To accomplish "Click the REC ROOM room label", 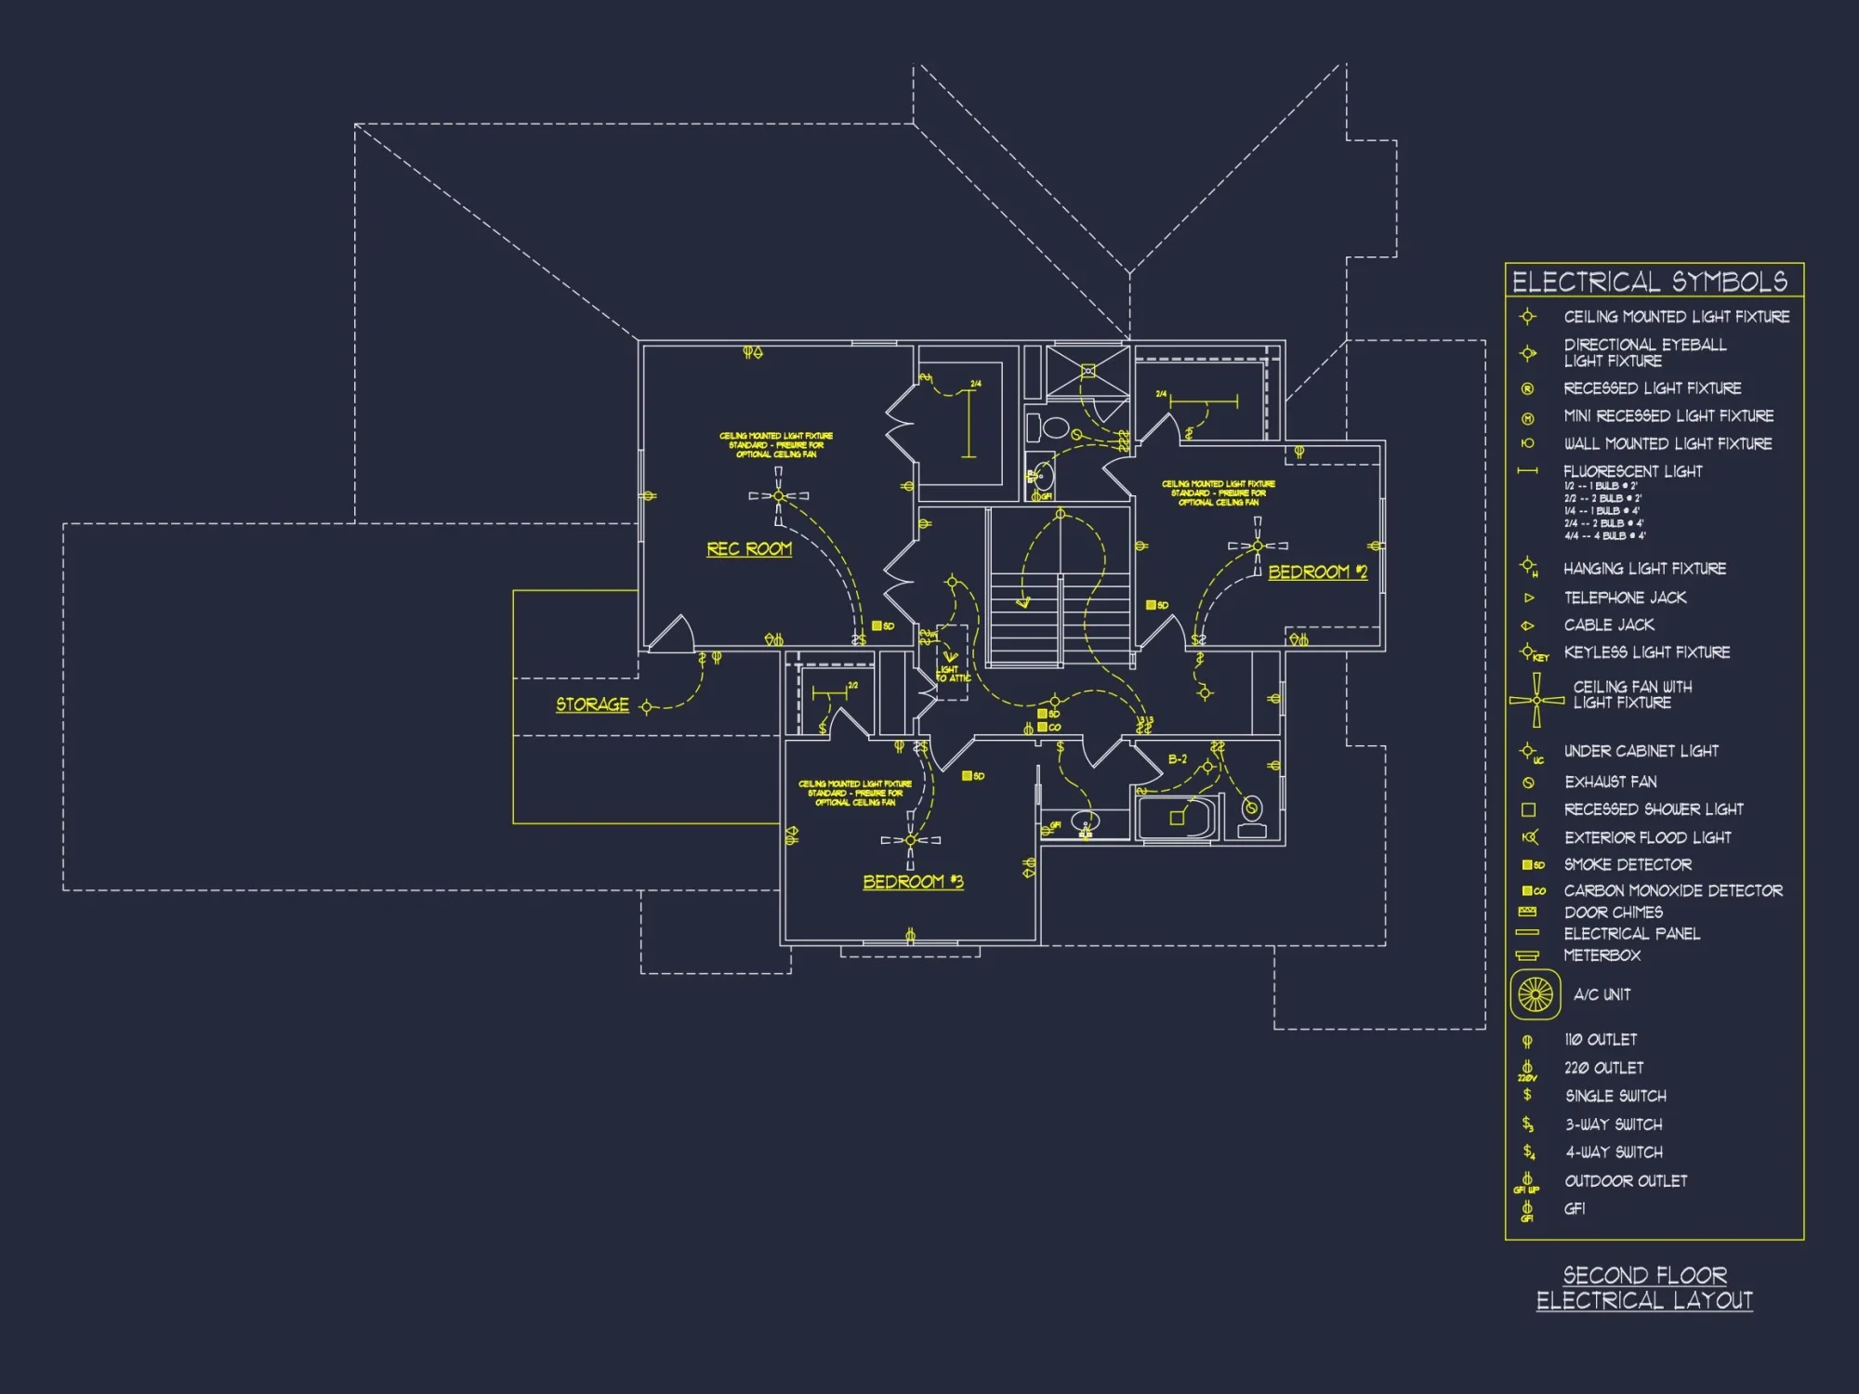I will [749, 549].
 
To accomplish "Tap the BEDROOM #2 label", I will [1317, 572].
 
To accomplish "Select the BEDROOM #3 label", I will [913, 881].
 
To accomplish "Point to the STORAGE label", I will [592, 704].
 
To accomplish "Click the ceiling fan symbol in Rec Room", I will [779, 496].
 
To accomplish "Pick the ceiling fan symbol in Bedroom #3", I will [910, 840].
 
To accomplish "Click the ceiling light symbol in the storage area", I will [647, 708].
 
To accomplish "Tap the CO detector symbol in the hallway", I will [1048, 727].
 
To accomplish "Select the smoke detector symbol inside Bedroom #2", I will [1156, 605].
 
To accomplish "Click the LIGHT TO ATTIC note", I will [953, 673].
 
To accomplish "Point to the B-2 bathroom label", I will [1178, 759].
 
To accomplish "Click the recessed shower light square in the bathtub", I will [1177, 818].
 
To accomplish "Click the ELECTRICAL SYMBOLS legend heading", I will [1649, 282].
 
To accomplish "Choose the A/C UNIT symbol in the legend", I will [1535, 994].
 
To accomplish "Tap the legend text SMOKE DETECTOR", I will [1627, 864].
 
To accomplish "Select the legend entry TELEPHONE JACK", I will [1624, 598].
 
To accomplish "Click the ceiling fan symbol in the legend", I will [1536, 700].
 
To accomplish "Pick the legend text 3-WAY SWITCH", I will [1614, 1124].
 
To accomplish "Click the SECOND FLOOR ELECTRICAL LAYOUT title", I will [1644, 1288].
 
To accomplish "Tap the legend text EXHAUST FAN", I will [1610, 782].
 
